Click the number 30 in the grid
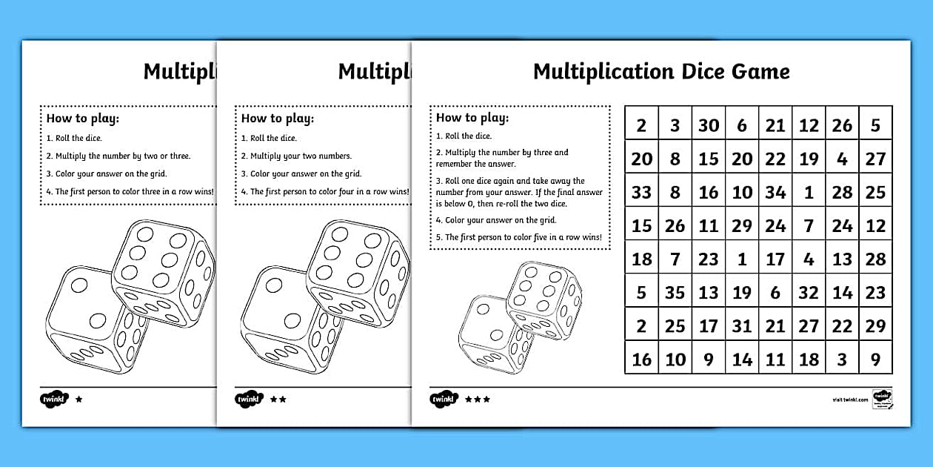pos(709,125)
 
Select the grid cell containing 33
pos(641,193)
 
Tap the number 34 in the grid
pos(775,193)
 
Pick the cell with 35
pos(675,293)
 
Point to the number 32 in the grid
pos(809,293)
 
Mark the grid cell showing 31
pos(742,326)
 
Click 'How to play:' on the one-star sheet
pos(83,118)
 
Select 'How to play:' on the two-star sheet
pos(278,118)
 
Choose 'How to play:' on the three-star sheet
pos(472,117)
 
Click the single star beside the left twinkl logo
pos(79,399)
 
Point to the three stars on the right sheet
pos(478,400)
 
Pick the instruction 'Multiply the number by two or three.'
pos(118,156)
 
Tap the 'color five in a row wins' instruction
pos(518,238)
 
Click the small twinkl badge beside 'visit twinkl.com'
pos(883,398)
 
